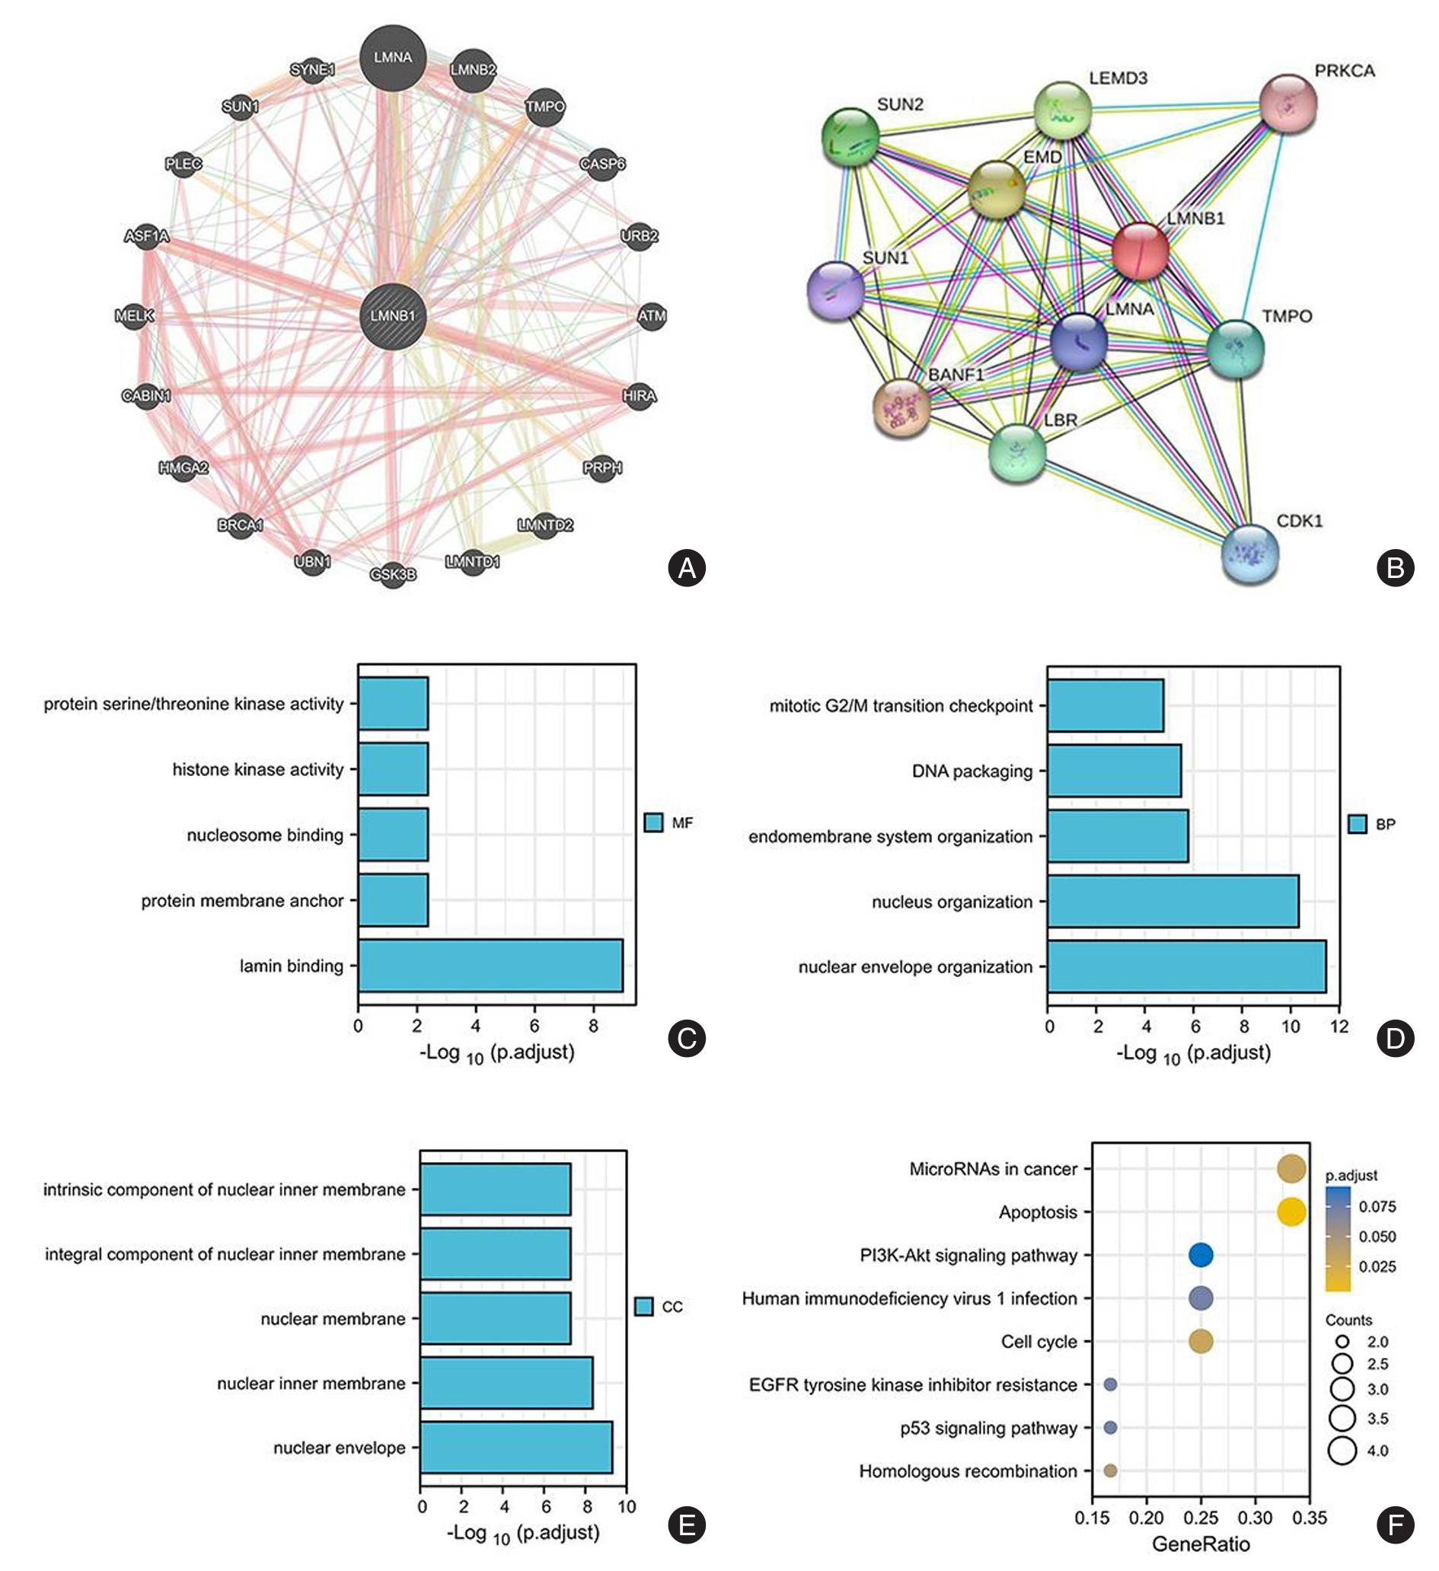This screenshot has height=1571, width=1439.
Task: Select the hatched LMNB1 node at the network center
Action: click(393, 315)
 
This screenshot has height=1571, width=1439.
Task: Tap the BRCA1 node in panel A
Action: click(240, 525)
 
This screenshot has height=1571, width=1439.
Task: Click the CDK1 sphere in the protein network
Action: click(1249, 554)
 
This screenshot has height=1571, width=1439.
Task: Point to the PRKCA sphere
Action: click(1287, 104)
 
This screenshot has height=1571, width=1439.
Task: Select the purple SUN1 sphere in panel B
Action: click(836, 291)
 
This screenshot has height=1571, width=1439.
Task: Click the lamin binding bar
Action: click(490, 966)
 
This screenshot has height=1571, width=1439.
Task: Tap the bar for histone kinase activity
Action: click(393, 769)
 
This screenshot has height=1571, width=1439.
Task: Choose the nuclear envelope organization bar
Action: click(1186, 966)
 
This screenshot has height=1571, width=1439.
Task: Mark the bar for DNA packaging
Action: click(1114, 771)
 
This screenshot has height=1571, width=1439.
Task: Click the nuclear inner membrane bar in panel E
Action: click(506, 1383)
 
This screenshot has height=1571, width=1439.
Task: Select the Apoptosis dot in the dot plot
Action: click(1291, 1212)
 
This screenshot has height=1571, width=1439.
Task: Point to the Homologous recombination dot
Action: click(1110, 1470)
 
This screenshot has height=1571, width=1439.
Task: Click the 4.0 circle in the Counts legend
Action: click(1342, 1450)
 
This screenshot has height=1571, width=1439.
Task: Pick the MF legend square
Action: click(654, 822)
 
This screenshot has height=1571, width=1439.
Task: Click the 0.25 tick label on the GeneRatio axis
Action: click(1201, 1517)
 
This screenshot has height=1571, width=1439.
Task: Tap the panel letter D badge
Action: click(1395, 1039)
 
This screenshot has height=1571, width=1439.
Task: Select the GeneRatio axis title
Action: click(1201, 1544)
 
